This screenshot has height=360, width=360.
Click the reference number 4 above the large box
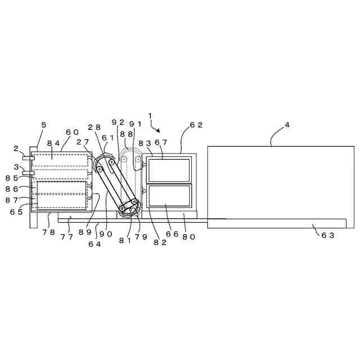pos(287,125)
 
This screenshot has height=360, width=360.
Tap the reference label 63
pos(328,235)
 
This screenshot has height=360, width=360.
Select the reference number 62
pos(196,125)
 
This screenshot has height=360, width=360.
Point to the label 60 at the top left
pos(72,132)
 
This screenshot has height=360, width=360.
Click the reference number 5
pos(44,125)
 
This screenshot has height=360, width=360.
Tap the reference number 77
pos(66,237)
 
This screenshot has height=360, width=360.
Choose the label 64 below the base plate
pos(94,244)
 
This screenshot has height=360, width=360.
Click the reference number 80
pos(188,237)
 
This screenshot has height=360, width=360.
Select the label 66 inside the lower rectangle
pos(172,233)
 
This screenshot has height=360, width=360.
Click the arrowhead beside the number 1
pos(159,130)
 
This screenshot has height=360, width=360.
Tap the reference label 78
pos(48,232)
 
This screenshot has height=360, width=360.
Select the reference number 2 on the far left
pos(15,149)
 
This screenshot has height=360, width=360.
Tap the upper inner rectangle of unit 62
pos(169,170)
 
